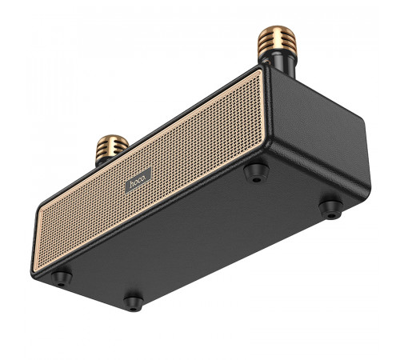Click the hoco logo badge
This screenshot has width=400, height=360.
click(x=138, y=180)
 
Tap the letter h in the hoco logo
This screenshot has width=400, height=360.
click(x=132, y=185)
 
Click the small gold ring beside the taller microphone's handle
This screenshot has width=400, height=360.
click(x=265, y=62)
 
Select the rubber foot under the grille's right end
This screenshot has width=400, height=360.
click(x=256, y=174)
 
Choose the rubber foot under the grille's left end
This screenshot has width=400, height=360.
click(x=62, y=279)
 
